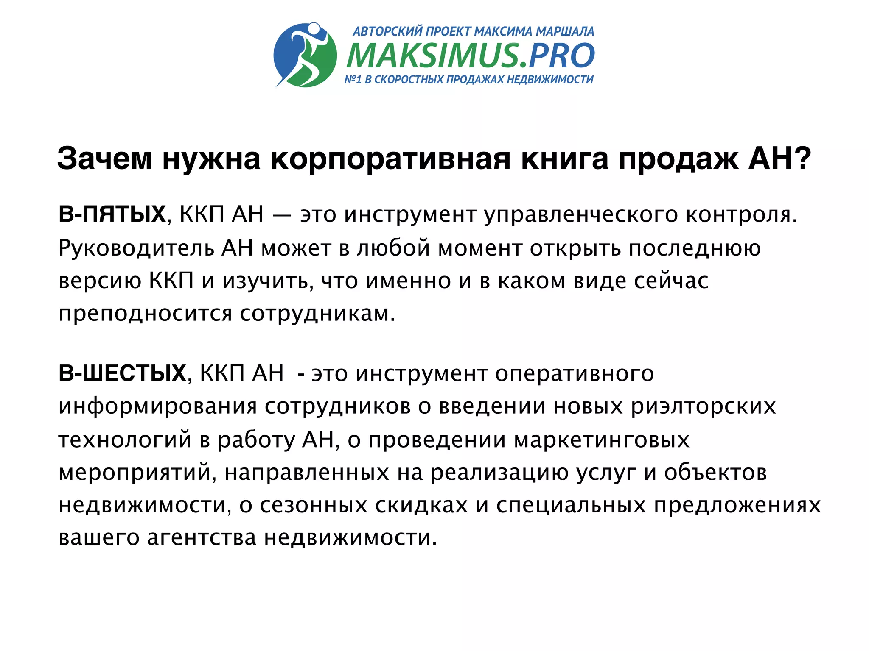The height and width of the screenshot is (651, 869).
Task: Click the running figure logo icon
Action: click(x=305, y=55)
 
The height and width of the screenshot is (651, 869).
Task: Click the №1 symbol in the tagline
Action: click(x=353, y=79)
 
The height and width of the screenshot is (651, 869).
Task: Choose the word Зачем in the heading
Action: click(x=104, y=159)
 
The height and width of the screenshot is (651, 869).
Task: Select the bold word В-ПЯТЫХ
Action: click(x=112, y=214)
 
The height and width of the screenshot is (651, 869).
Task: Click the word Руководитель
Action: click(x=136, y=248)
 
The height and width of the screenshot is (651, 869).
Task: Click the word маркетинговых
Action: click(x=602, y=440)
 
